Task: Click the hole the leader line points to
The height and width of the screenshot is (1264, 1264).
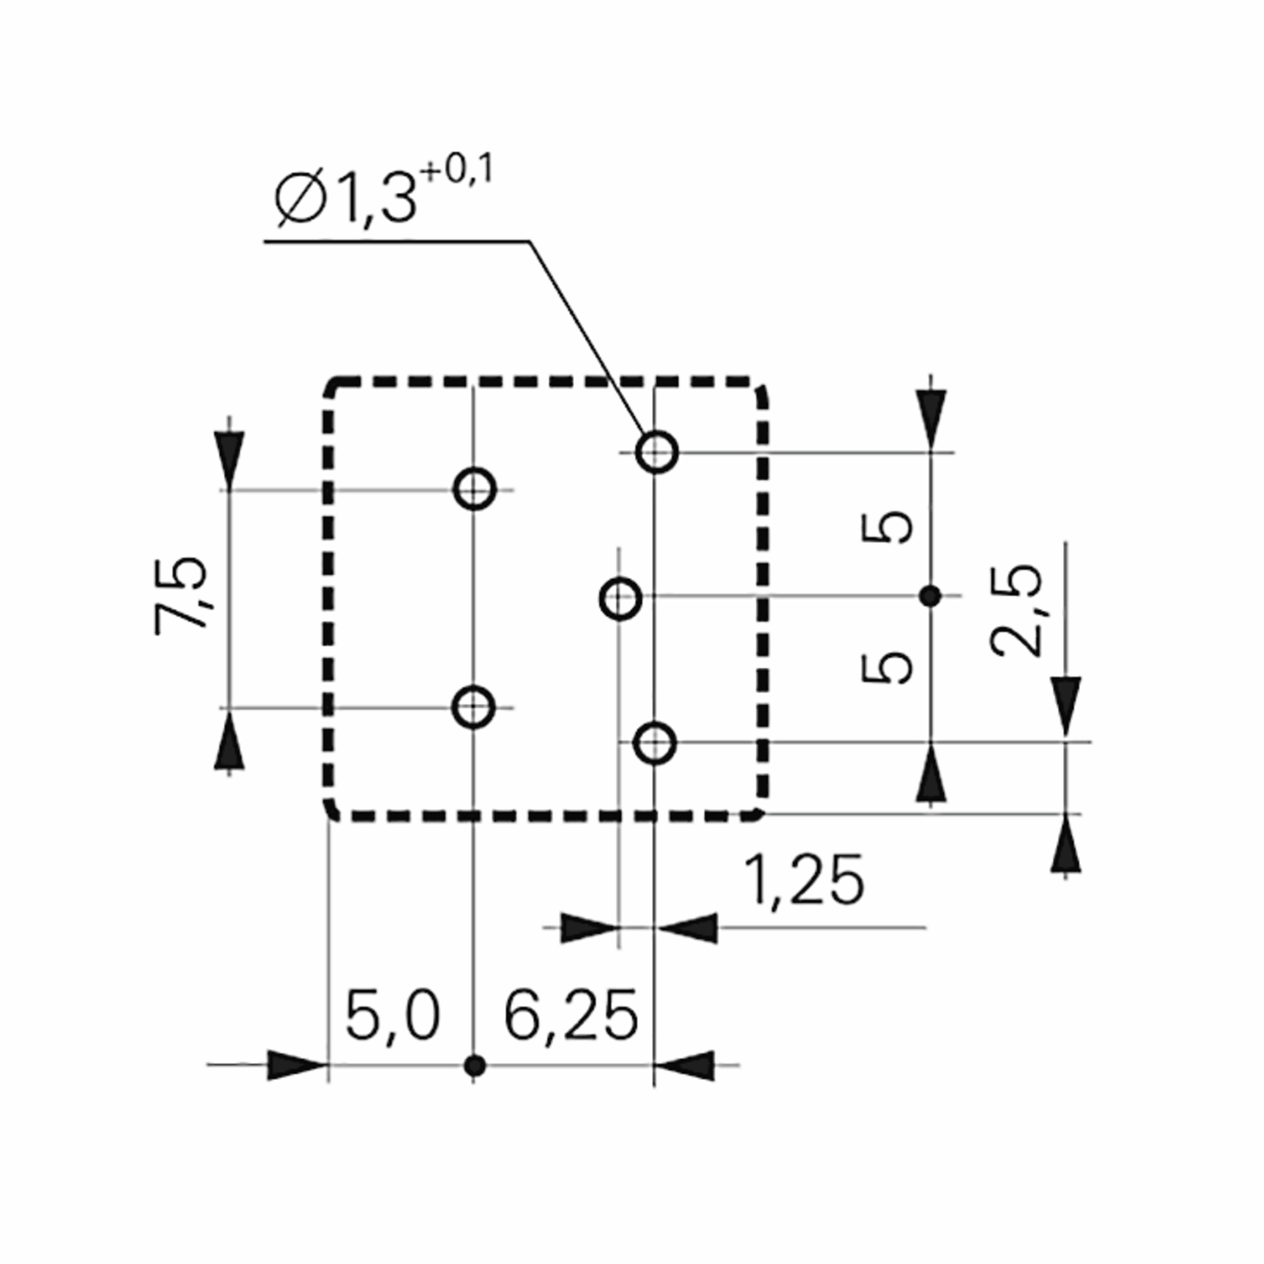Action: click(656, 451)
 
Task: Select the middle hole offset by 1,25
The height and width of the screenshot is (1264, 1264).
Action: click(619, 597)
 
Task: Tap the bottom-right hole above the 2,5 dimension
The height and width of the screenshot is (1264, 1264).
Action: click(655, 743)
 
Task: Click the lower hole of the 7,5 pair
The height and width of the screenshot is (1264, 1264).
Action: click(473, 707)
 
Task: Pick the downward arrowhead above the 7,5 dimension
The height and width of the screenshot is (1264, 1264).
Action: click(229, 458)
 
